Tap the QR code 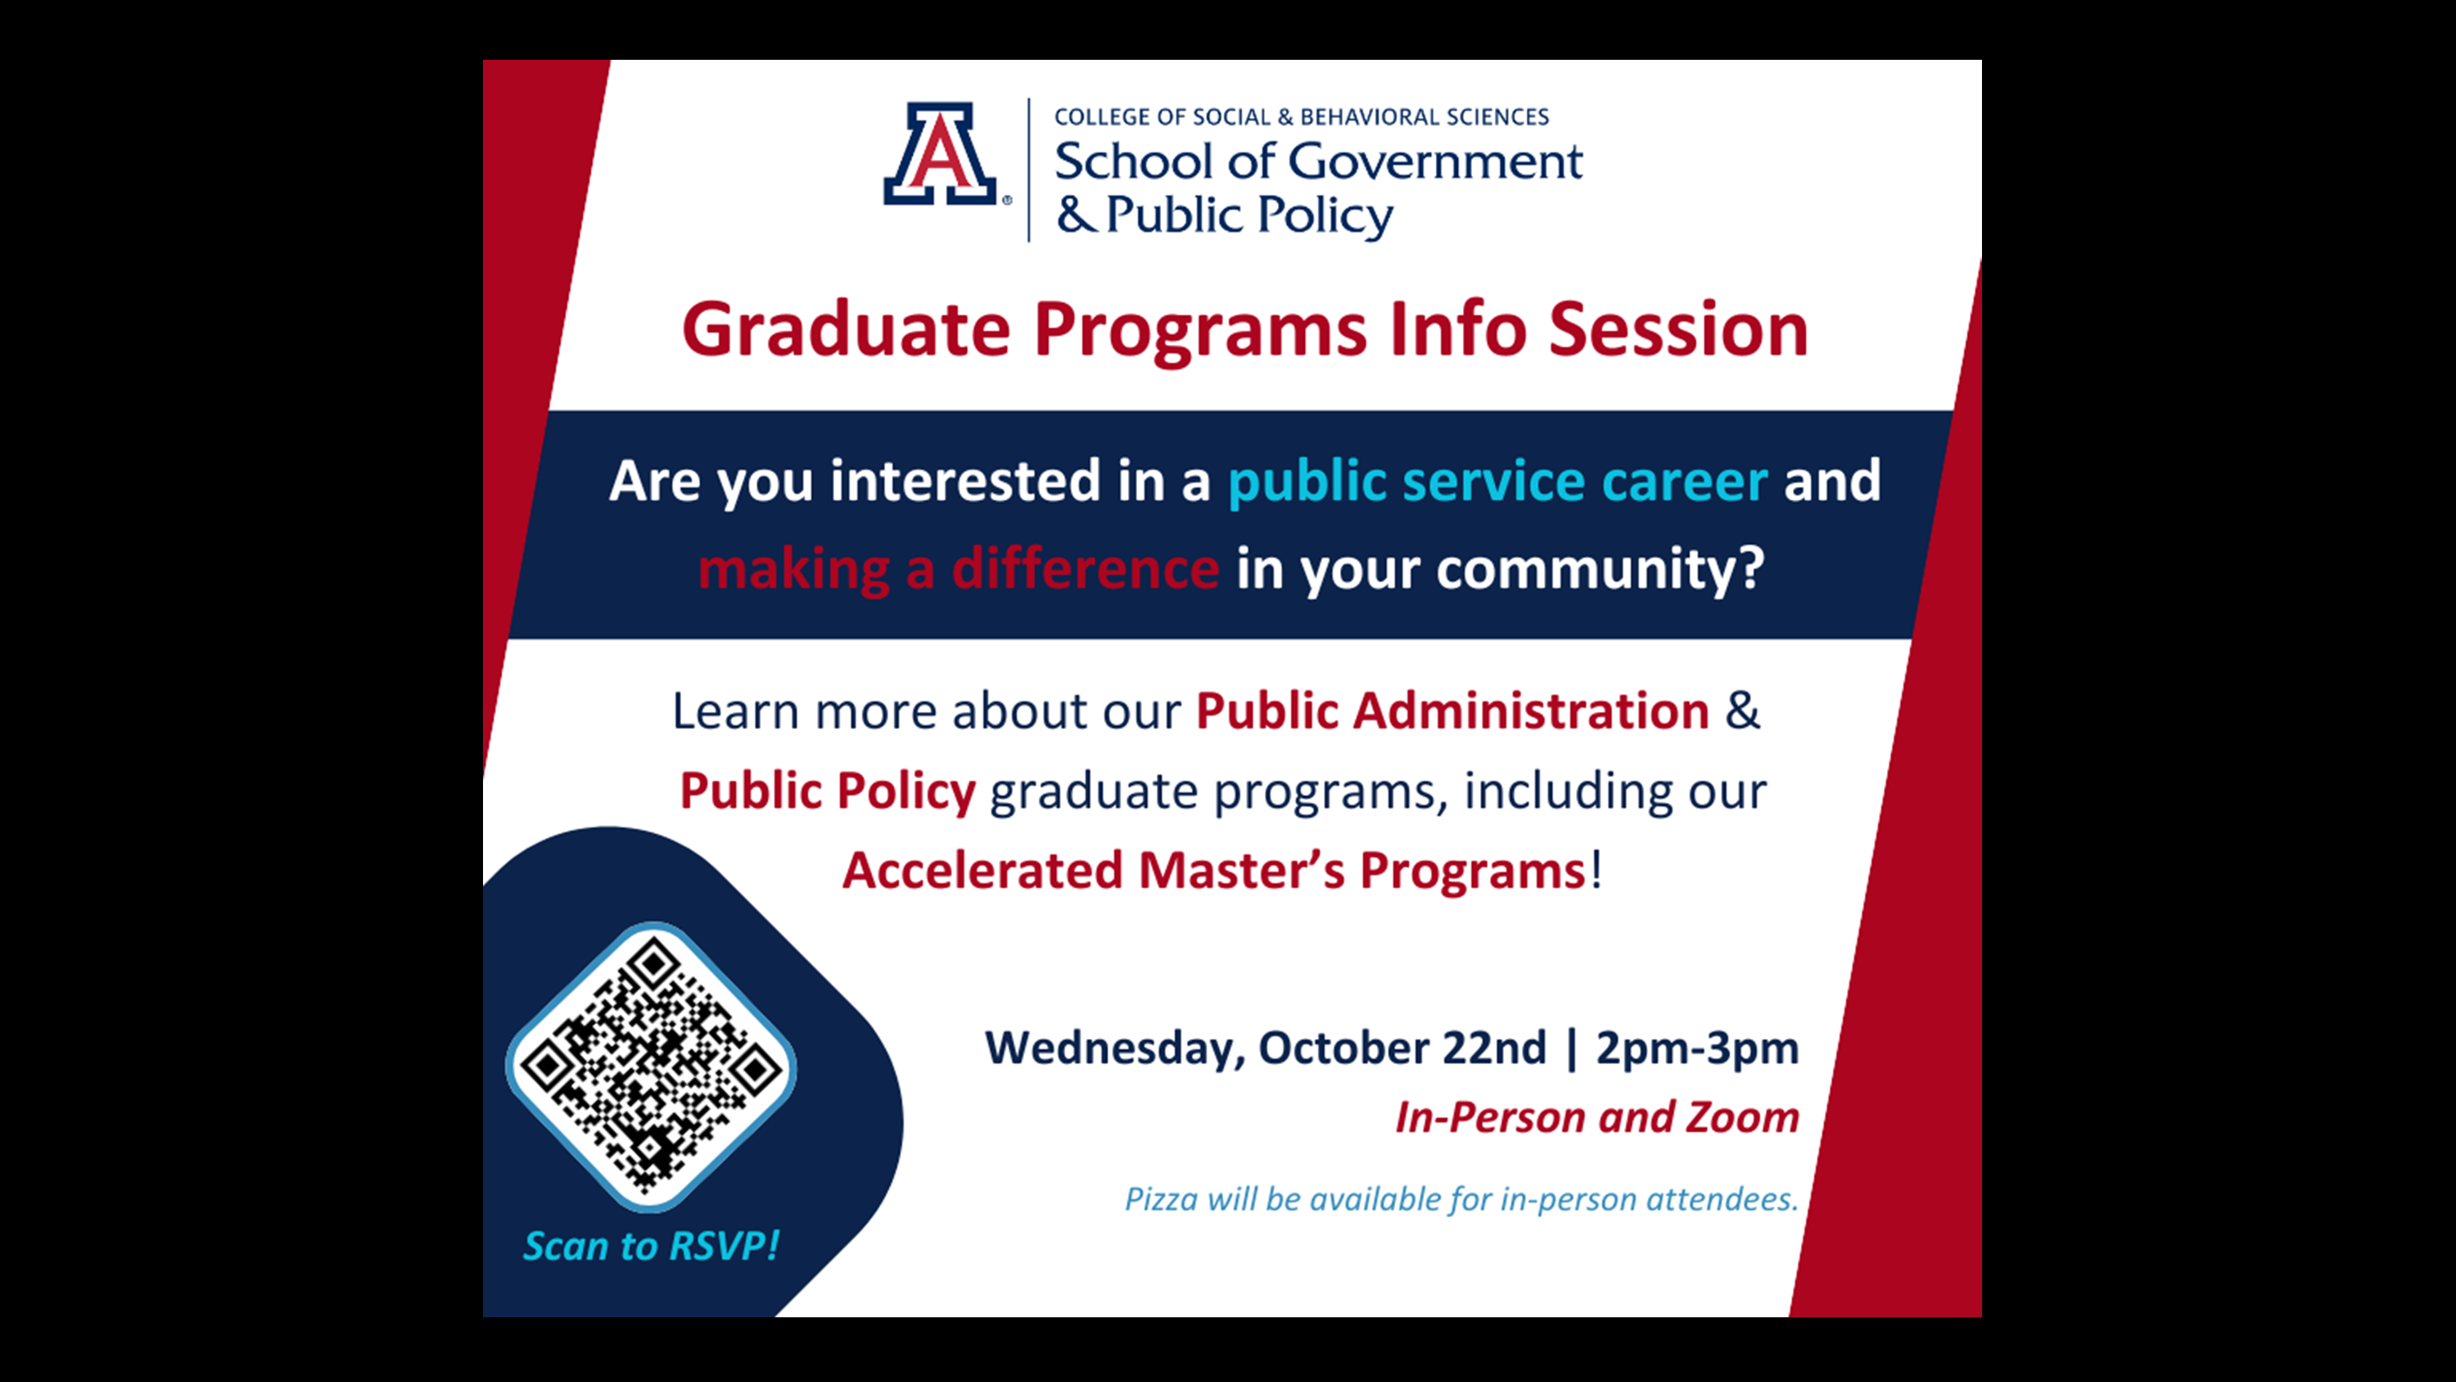tap(651, 1067)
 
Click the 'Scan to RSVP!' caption tap(651, 1246)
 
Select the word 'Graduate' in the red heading tap(846, 330)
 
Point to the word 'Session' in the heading tap(1678, 329)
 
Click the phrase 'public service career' tap(1498, 480)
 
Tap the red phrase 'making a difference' tap(958, 569)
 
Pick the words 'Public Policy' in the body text tap(828, 791)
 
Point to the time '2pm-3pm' tap(1697, 1049)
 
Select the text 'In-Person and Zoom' tap(1597, 1117)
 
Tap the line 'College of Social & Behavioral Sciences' tap(1302, 116)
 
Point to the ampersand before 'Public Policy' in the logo tap(1076, 215)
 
